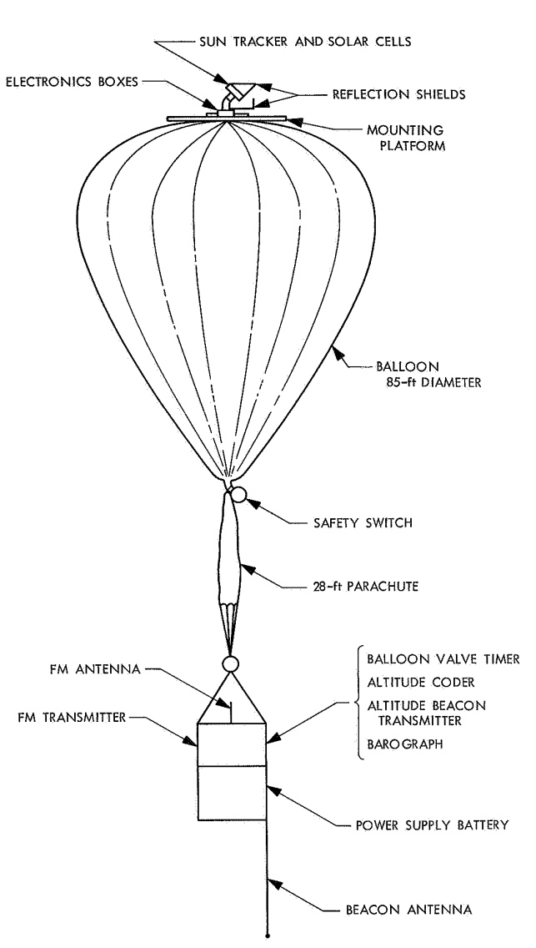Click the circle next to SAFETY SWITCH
click(239, 495)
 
